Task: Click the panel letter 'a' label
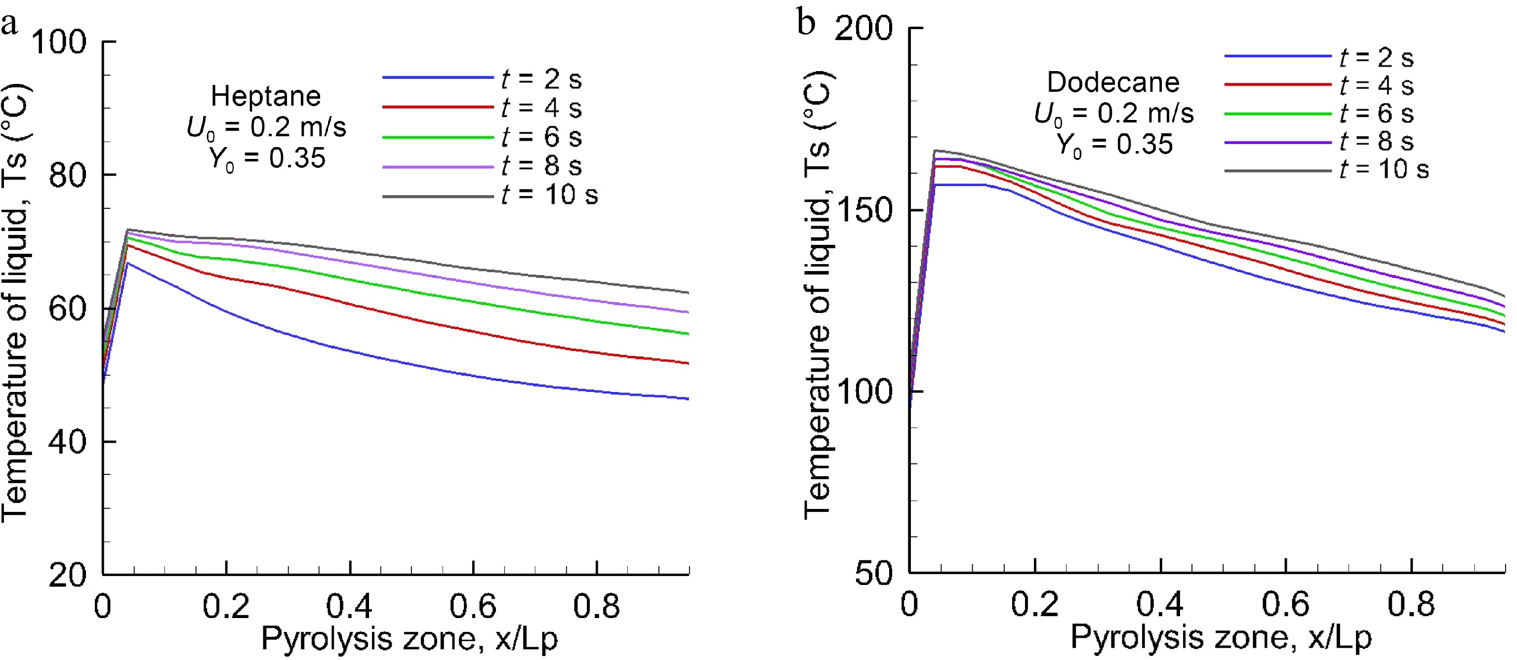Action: pos(10,25)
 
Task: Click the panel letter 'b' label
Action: pos(806,22)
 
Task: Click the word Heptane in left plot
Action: pos(266,96)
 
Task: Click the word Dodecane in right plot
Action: pos(1113,82)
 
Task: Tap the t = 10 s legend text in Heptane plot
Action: pos(549,195)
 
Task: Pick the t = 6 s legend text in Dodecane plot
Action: pos(1376,113)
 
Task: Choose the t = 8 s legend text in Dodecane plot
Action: pos(1376,141)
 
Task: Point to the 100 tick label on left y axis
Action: pos(58,42)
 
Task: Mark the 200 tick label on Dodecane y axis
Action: pos(864,28)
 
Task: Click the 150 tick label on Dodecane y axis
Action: pos(864,210)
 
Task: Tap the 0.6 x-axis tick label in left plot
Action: pos(473,606)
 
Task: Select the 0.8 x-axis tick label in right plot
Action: pos(1410,604)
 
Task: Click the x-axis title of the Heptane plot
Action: pos(410,639)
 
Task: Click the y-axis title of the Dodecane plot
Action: pos(819,294)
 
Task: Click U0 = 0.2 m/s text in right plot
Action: pos(1113,113)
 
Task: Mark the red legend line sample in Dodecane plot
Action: pos(1277,85)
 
